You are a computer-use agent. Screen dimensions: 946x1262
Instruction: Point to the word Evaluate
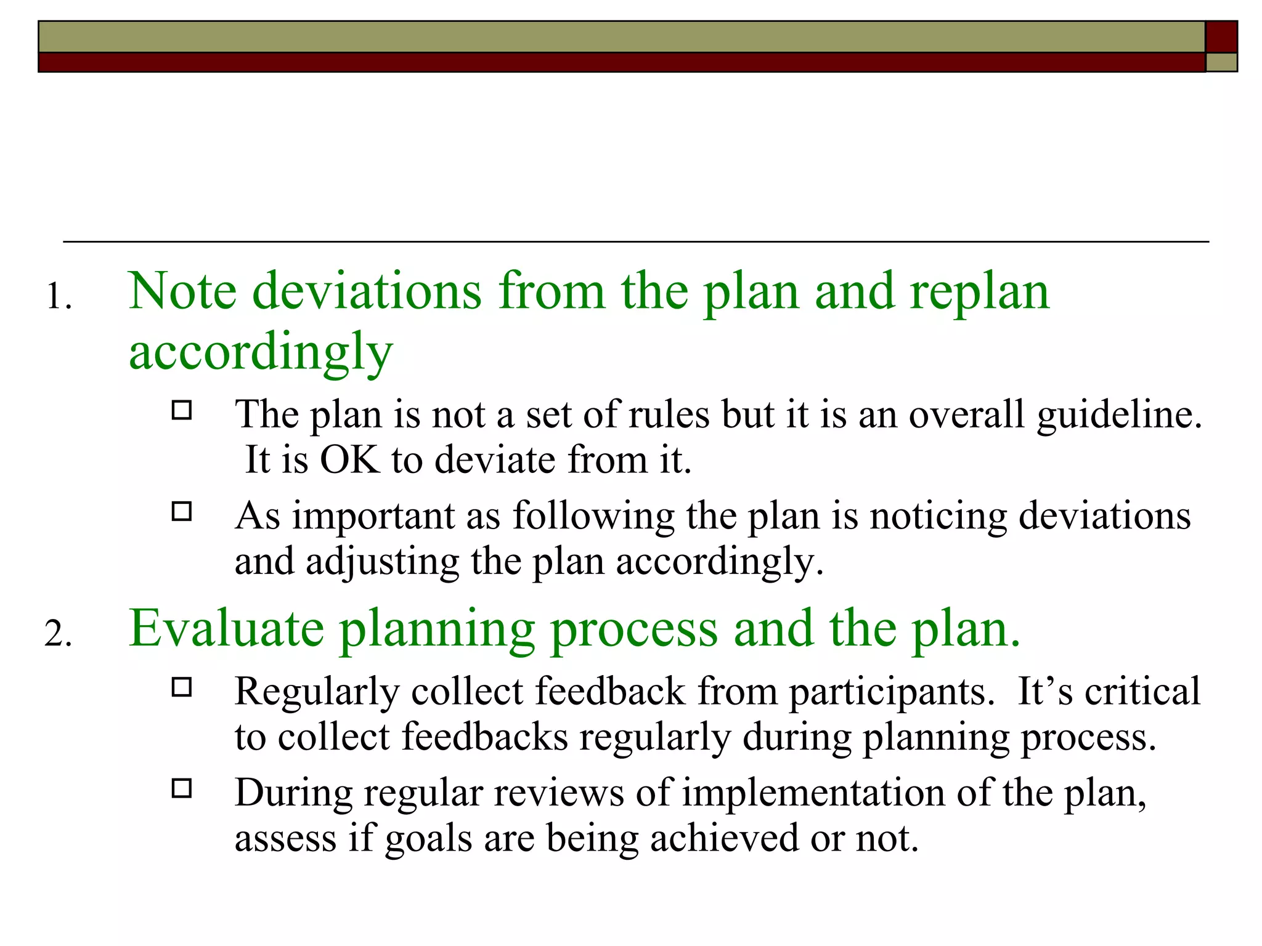[x=226, y=628]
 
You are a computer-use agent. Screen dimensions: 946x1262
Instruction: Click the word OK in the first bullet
[x=349, y=459]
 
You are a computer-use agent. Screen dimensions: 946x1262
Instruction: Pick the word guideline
[x=1119, y=414]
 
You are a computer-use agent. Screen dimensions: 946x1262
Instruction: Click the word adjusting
[x=382, y=562]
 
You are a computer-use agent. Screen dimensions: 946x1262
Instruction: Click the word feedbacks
[x=484, y=737]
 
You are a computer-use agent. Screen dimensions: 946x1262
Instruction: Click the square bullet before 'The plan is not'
[x=182, y=410]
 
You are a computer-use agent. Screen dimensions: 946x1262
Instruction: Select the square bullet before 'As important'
[x=182, y=512]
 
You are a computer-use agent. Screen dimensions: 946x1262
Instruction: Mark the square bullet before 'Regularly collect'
[x=182, y=687]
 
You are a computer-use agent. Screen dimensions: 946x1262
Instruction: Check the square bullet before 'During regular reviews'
[x=182, y=789]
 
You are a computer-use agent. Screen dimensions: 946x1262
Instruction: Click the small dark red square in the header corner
[x=1221, y=36]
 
